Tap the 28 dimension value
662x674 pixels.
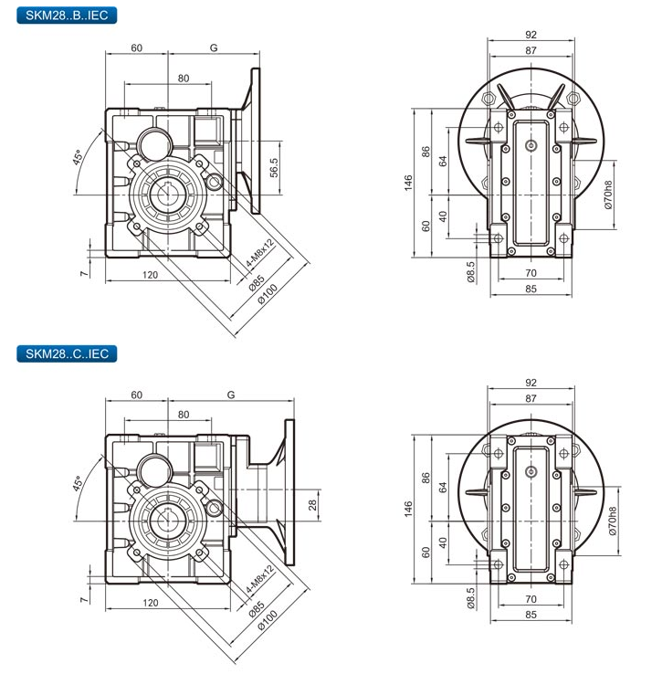pyautogui.click(x=311, y=504)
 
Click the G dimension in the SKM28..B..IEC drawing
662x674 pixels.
pyautogui.click(x=213, y=46)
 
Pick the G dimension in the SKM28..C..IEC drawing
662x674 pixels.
pyautogui.click(x=230, y=395)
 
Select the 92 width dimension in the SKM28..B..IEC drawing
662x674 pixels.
pyautogui.click(x=531, y=35)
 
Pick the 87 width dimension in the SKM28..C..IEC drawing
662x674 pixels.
pyautogui.click(x=531, y=399)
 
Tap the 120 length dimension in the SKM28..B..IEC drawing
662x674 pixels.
pyautogui.click(x=150, y=274)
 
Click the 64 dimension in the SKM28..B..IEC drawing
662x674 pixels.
pyautogui.click(x=443, y=161)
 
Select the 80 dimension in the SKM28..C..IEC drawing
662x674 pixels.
pyautogui.click(x=184, y=415)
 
